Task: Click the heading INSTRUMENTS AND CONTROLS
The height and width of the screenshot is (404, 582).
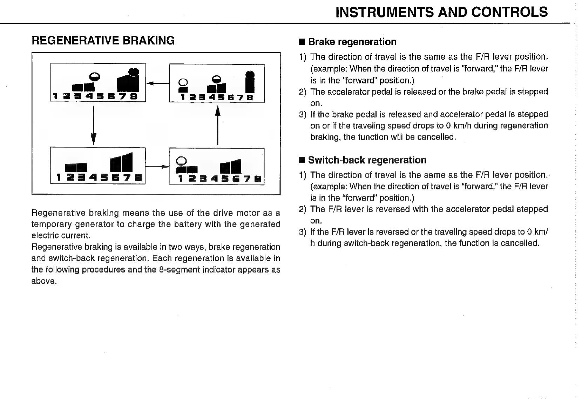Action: click(x=441, y=12)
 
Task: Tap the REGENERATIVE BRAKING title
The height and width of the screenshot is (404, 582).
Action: click(x=103, y=41)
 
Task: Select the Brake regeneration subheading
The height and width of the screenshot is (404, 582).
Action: click(x=352, y=42)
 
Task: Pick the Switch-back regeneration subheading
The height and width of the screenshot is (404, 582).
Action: click(x=367, y=160)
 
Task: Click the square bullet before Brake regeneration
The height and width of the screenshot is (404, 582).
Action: click(x=302, y=42)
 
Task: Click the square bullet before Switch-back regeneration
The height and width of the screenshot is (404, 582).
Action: click(x=302, y=161)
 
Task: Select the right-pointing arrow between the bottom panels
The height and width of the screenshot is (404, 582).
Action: click(x=157, y=167)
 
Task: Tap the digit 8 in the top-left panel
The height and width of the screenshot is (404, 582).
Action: click(x=134, y=96)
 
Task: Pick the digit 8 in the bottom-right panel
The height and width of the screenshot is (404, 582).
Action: click(x=258, y=179)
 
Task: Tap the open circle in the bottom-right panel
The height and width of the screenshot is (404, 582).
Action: click(x=181, y=161)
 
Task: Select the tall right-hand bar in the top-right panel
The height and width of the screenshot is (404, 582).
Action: click(x=249, y=83)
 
